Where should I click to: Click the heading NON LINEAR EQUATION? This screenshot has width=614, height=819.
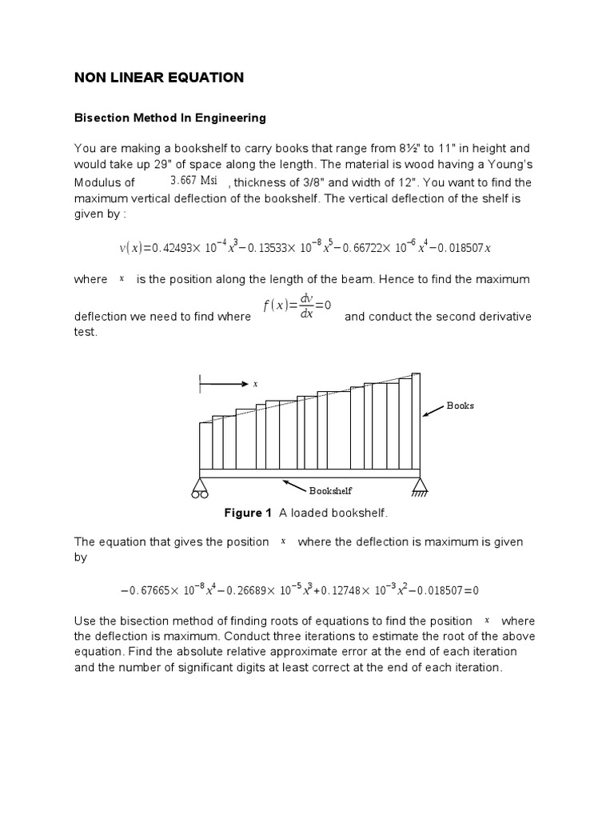coord(158,78)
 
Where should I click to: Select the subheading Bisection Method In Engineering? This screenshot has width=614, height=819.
coord(169,118)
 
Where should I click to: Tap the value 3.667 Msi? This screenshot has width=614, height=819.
coord(193,180)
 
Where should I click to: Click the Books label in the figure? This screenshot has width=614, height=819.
coord(460,406)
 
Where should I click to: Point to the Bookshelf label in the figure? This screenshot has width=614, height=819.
coord(331,491)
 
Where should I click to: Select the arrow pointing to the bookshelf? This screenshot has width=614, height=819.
coord(295,485)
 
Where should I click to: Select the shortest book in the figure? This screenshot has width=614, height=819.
coord(205,445)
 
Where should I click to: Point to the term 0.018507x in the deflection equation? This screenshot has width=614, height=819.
coord(461,248)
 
